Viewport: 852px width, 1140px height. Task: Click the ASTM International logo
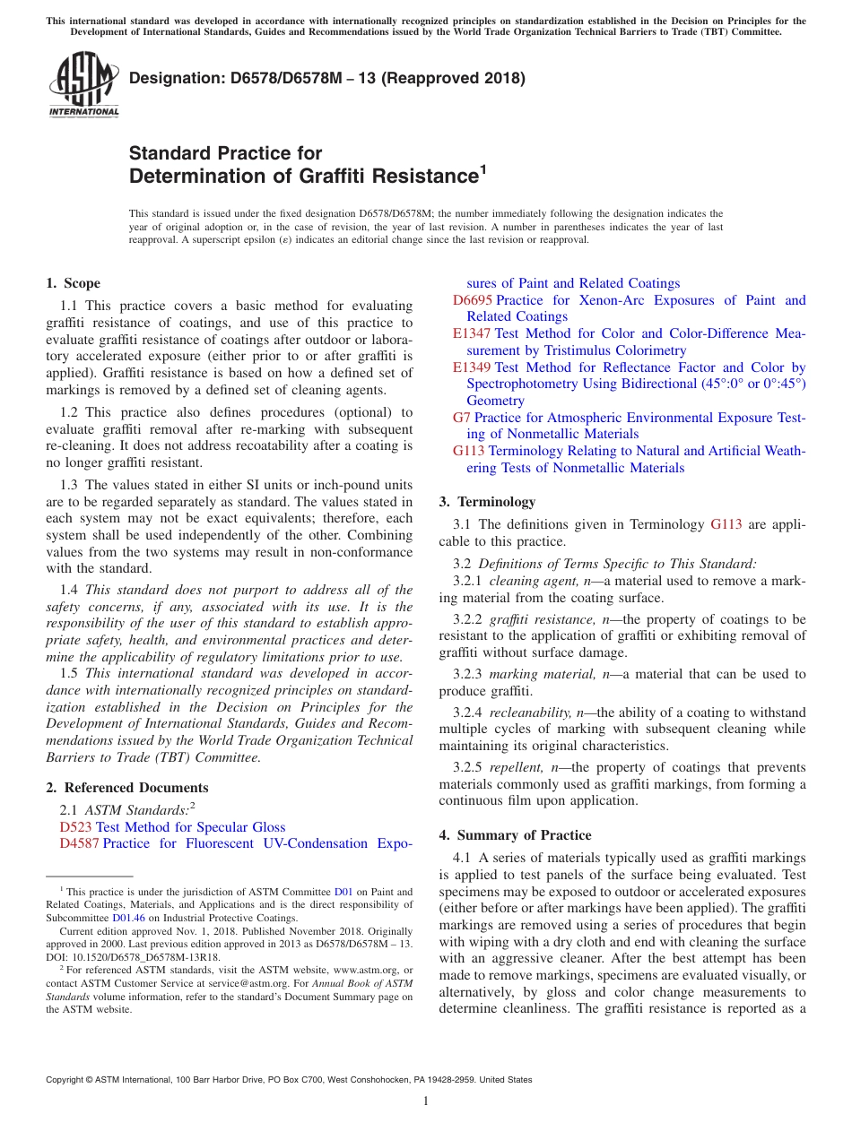(x=83, y=85)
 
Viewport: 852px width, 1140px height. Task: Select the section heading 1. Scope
(x=74, y=283)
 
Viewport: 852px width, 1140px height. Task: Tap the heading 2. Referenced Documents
(x=127, y=788)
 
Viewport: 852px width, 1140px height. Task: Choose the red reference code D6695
(x=472, y=300)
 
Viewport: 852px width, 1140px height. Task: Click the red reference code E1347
(x=472, y=333)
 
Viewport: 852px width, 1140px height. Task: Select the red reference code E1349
(x=472, y=367)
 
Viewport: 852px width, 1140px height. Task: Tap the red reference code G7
(x=461, y=418)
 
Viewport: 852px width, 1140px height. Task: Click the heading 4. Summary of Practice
(x=515, y=835)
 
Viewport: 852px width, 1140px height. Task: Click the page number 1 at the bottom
(x=426, y=1101)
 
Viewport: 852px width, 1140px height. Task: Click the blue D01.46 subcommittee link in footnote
(x=127, y=918)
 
